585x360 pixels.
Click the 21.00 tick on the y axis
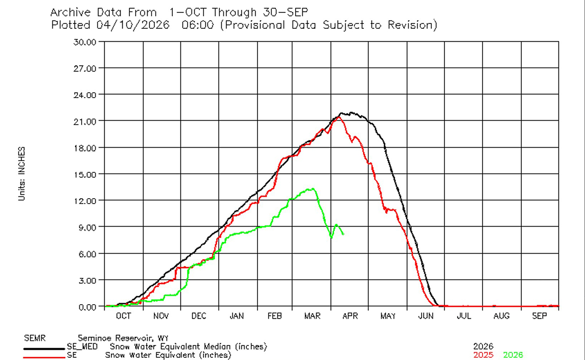pos(85,121)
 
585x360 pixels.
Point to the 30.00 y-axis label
pos(85,42)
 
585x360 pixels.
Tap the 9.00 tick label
pos(86,227)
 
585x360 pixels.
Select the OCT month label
pos(123,316)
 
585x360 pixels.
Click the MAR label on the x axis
pos(312,316)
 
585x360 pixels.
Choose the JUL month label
pos(464,316)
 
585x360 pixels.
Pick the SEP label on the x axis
pos(539,316)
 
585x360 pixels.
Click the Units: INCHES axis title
pos(21,174)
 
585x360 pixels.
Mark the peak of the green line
pos(313,189)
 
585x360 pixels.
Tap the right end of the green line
pos(343,234)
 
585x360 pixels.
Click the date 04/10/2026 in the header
pos(133,25)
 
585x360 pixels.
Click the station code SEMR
pos(35,338)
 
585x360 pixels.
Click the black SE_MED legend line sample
pos(44,349)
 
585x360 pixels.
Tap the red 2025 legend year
pos(483,355)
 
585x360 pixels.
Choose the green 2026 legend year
pos(513,355)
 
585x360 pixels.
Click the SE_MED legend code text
pos(82,346)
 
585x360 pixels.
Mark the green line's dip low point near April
pos(331,238)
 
